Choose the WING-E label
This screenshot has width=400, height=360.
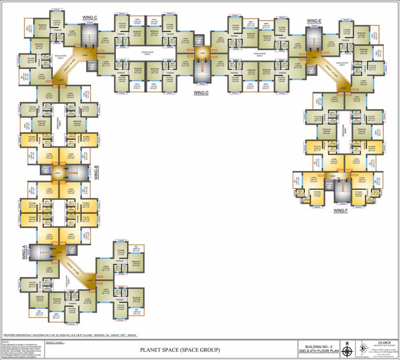tap(314, 21)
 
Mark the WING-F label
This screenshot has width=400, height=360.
tap(340, 211)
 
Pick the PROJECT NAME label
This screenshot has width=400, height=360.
tap(55, 343)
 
